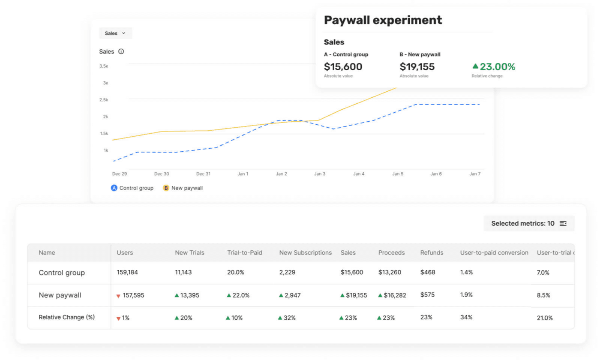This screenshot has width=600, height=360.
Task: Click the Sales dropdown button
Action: (115, 33)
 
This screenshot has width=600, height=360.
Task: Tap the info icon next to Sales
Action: (121, 51)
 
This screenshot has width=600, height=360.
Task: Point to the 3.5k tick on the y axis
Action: (104, 66)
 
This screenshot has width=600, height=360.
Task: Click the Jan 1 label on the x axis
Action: (243, 174)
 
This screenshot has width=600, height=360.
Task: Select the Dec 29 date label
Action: (119, 174)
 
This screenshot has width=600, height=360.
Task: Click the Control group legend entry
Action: (132, 188)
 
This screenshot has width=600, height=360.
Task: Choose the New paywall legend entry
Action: (183, 188)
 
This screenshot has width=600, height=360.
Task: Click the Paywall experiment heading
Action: (383, 20)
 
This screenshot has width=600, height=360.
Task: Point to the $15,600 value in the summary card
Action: (343, 67)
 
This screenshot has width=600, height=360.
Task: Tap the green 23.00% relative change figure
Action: (497, 67)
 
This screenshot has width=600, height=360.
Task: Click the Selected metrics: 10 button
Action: (529, 223)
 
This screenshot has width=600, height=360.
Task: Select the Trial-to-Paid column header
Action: (244, 253)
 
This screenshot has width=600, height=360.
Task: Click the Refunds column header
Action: (432, 253)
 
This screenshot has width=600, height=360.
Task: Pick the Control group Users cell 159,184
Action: (127, 273)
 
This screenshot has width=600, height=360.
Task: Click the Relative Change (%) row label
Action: (66, 318)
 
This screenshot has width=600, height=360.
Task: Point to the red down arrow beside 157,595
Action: (118, 296)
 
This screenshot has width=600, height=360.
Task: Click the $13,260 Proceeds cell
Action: (390, 273)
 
